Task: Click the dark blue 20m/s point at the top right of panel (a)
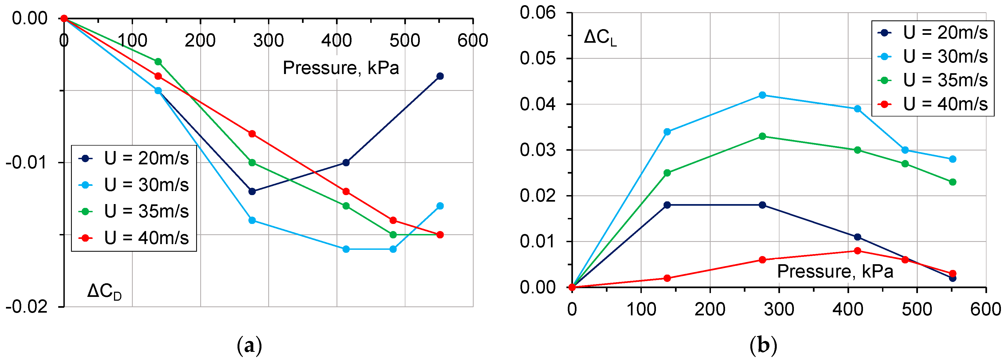(x=440, y=76)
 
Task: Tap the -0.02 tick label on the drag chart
(x=27, y=307)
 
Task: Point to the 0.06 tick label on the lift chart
(x=537, y=13)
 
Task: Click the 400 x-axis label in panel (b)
(x=848, y=309)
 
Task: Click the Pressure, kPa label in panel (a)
(x=341, y=68)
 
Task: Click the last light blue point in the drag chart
(x=440, y=206)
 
